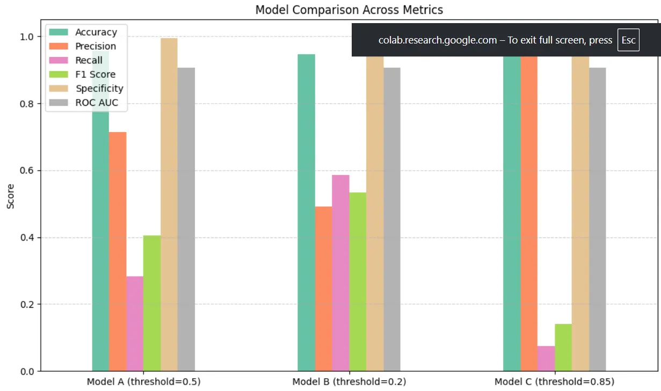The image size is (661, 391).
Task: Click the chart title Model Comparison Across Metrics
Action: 349,10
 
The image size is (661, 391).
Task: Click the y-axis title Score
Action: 11,197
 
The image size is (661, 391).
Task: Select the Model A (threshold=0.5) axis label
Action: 143,382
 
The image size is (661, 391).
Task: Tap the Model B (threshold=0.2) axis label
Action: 349,382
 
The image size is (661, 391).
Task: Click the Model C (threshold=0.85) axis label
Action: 554,382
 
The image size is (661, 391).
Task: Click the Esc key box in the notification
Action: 628,40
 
